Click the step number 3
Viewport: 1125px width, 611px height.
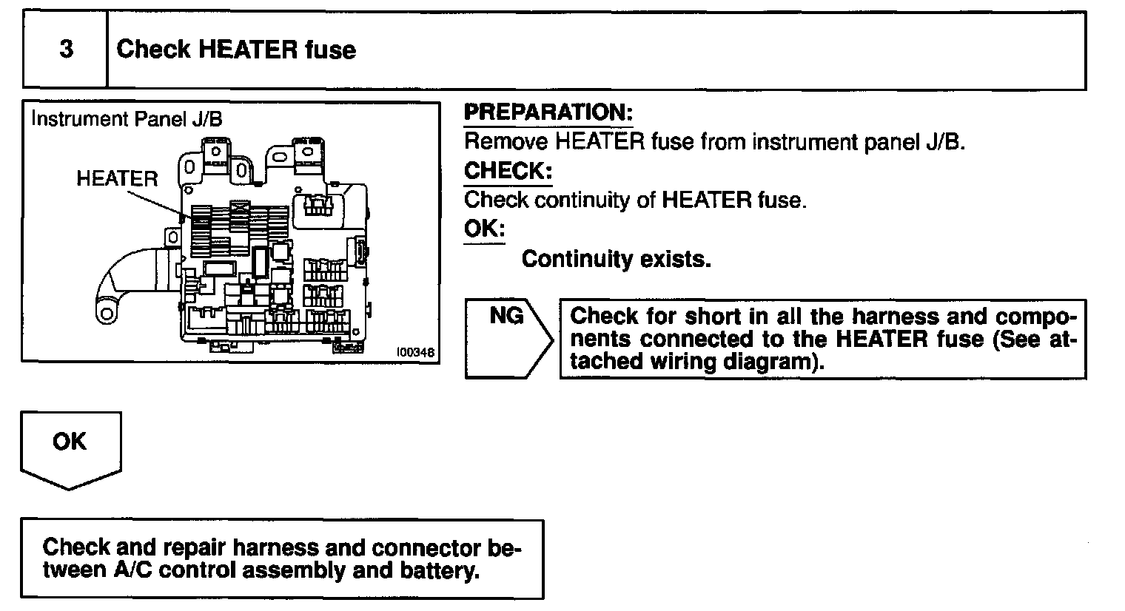click(66, 50)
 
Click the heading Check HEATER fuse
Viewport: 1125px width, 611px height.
click(236, 50)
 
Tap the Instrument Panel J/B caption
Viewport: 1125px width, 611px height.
click(127, 119)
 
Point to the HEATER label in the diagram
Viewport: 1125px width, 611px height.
click(117, 178)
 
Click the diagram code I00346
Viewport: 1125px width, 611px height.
click(415, 353)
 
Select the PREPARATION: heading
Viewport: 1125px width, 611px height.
click(548, 113)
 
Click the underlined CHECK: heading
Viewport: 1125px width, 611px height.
click(508, 171)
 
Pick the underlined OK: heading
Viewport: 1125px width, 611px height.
click(484, 229)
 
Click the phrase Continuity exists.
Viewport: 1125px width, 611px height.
click(616, 259)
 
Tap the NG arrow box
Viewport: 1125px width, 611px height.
click(508, 339)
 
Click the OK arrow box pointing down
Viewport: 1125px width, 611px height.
click(70, 447)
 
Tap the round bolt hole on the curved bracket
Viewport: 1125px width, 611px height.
click(107, 314)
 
